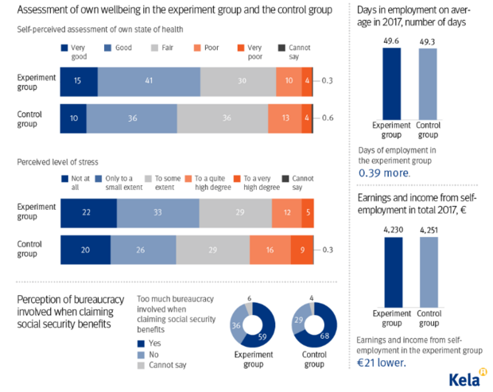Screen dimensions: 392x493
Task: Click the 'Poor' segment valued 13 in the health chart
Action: [x=284, y=118]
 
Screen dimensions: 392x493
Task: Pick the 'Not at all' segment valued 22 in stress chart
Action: [x=88, y=212]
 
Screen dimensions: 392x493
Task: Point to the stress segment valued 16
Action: [x=270, y=250]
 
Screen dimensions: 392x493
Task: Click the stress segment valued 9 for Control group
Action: [x=301, y=250]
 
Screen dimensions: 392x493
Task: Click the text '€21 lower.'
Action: [x=382, y=363]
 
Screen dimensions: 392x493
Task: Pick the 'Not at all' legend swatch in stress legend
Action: [x=64, y=179]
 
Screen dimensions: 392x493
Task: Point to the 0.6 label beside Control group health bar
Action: [x=326, y=118]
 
